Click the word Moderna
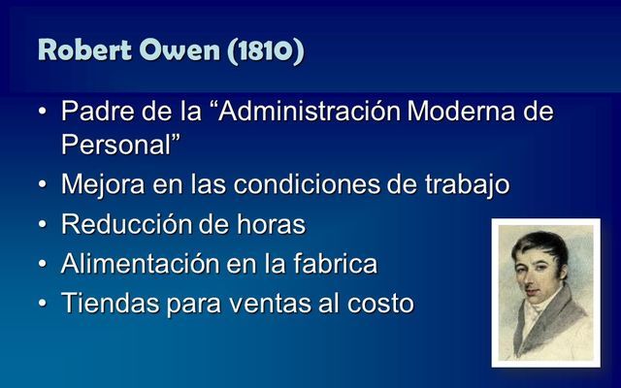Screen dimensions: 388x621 coord(463,112)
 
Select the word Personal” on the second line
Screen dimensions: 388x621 coord(121,144)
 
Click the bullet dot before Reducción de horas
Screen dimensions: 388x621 coord(44,225)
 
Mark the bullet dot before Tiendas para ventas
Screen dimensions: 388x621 coord(44,304)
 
